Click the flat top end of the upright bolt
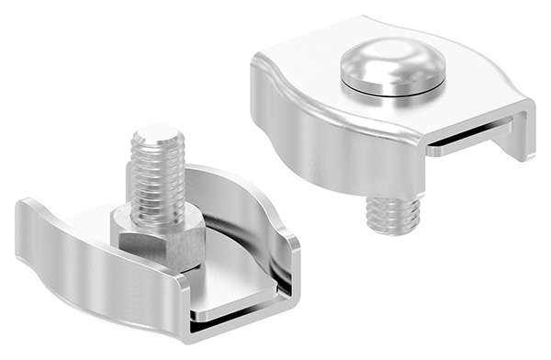tap(158, 133)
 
